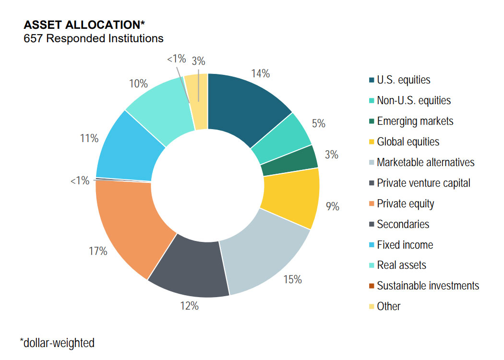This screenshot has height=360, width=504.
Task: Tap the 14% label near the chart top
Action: tap(260, 74)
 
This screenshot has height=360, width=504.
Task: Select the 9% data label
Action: tap(332, 206)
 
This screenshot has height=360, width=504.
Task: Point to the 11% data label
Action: tap(89, 139)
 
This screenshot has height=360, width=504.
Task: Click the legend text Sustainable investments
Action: tap(428, 286)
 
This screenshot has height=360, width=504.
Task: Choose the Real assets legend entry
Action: tap(401, 265)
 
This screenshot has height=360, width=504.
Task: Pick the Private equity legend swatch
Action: tap(372, 204)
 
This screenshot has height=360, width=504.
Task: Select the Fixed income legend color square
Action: tap(372, 245)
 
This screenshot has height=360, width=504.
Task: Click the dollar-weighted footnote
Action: tap(57, 343)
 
